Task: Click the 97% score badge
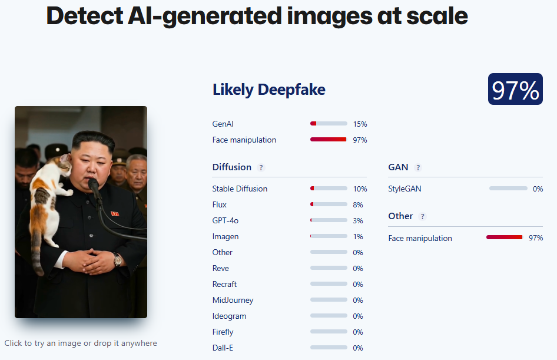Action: click(515, 89)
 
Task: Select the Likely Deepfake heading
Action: click(268, 90)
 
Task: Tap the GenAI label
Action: click(223, 124)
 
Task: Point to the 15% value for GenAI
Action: click(360, 124)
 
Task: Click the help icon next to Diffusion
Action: click(261, 167)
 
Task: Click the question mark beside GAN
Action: click(418, 167)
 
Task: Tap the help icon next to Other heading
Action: click(422, 216)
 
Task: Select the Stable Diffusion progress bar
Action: click(329, 189)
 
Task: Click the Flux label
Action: click(219, 204)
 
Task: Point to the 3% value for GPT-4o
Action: click(358, 221)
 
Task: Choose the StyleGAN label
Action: click(405, 189)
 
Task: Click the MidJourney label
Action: click(233, 300)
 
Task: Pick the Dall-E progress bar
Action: click(329, 347)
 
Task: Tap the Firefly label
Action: click(223, 332)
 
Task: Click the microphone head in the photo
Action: click(94, 186)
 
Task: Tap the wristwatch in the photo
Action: click(117, 259)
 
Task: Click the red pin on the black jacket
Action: click(115, 213)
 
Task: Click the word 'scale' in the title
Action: click(437, 16)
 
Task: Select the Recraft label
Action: click(224, 285)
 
